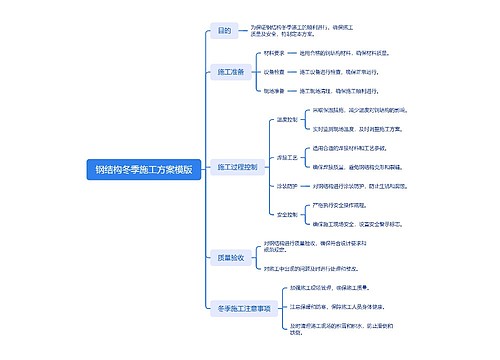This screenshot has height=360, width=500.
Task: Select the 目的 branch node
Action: click(224, 31)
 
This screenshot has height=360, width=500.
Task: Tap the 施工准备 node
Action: click(231, 73)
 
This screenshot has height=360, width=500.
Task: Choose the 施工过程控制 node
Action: click(238, 166)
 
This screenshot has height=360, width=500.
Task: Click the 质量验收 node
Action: click(231, 258)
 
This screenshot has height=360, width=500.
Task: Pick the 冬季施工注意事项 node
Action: click(238, 309)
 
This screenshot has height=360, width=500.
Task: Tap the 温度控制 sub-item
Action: click(285, 119)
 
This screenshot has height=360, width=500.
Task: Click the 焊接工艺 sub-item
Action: click(285, 157)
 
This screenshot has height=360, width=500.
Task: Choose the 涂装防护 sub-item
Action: click(285, 186)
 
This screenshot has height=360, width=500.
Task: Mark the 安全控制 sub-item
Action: click(285, 214)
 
